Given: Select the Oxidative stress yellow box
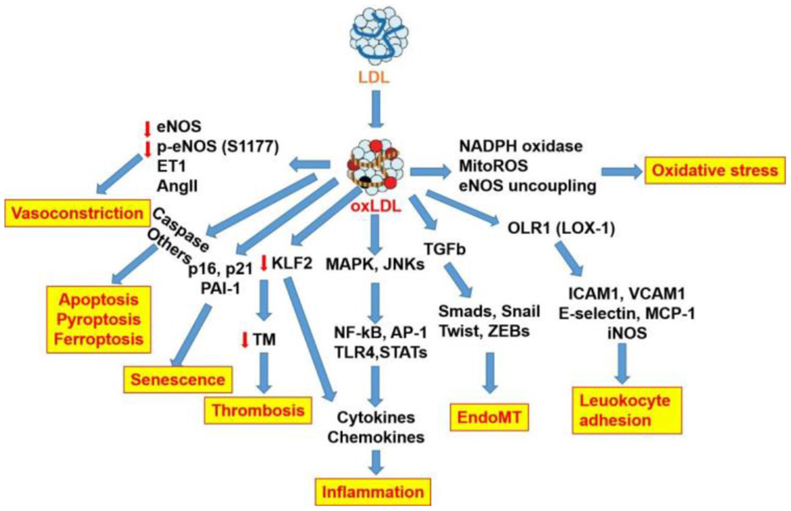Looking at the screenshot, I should coord(715,171).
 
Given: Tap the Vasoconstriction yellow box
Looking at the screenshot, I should coord(77,213).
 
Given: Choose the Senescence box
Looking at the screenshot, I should coord(177,380).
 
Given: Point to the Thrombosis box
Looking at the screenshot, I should coord(258,410).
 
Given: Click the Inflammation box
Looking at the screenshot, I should coord(373,492).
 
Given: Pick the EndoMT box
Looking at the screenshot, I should coord(489,417).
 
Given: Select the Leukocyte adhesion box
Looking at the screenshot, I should coord(627,410).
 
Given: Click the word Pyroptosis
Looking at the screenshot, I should coord(98,319).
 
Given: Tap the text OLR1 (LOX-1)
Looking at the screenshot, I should coord(561,228).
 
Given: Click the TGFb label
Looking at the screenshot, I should coord(444,249).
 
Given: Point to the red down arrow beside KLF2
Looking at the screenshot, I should coord(264,263).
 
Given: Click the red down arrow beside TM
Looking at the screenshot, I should coord(245,340).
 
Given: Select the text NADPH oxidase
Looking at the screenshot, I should coord(520,146).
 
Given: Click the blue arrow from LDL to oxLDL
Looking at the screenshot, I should coord(376,109).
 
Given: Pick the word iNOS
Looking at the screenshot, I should coord(627,333).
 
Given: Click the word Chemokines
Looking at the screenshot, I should coord(376,437).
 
